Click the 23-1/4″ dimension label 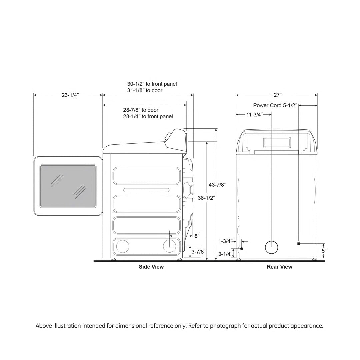(x=70, y=95)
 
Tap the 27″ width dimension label (x=277, y=95)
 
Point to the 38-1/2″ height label (x=206, y=198)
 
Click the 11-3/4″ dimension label (x=255, y=115)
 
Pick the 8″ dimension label (x=197, y=236)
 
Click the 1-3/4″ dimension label (x=225, y=241)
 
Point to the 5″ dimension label (x=324, y=251)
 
